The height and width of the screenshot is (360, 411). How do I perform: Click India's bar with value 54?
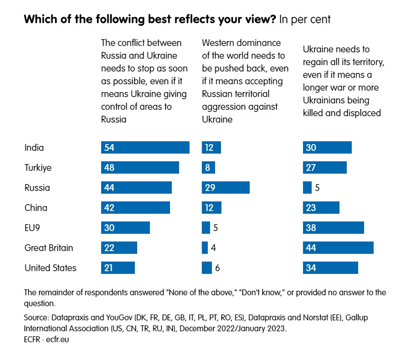[x=145, y=148]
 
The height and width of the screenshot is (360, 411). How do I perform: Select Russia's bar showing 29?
[x=226, y=188]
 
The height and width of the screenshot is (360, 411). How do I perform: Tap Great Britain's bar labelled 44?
[x=338, y=248]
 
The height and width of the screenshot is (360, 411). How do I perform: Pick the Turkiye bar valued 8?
[x=208, y=168]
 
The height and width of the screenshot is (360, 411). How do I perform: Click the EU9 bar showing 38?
[x=333, y=228]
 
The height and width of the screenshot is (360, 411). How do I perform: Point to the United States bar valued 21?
[x=118, y=268]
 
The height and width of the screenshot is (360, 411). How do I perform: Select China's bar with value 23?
[x=321, y=208]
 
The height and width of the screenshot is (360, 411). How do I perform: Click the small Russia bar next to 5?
[x=307, y=188]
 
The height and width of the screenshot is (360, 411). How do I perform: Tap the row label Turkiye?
[x=38, y=168]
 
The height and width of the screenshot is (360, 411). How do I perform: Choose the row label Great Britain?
[x=49, y=248]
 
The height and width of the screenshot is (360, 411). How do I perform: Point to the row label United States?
[x=51, y=268]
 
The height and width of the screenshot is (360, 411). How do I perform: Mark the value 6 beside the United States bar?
[x=218, y=268]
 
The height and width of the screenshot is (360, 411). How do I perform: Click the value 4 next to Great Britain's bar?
[x=214, y=248]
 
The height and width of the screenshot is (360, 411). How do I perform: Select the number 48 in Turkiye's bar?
[x=109, y=168]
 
